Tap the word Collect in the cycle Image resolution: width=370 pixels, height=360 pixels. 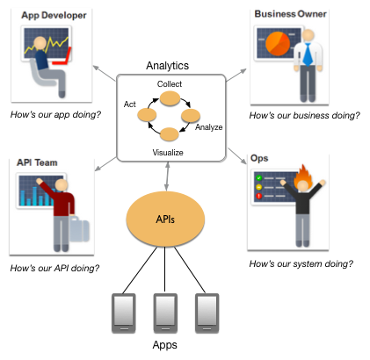coord(169,83)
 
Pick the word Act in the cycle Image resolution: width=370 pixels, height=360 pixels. coord(130,103)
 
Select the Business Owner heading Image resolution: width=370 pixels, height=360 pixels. coord(292,14)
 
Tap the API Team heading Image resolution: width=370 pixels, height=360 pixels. coord(39,163)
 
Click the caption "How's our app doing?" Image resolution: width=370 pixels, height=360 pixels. coord(54,115)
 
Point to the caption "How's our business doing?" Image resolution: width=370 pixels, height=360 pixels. coord(304,115)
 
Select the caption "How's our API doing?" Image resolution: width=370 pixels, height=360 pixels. coord(54,267)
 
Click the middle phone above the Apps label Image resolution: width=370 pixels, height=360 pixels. coord(166,312)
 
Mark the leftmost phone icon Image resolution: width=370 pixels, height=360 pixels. coord(123,312)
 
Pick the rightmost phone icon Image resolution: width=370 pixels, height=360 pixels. coord(207,312)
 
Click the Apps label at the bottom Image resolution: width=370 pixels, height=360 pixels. coord(166,347)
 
